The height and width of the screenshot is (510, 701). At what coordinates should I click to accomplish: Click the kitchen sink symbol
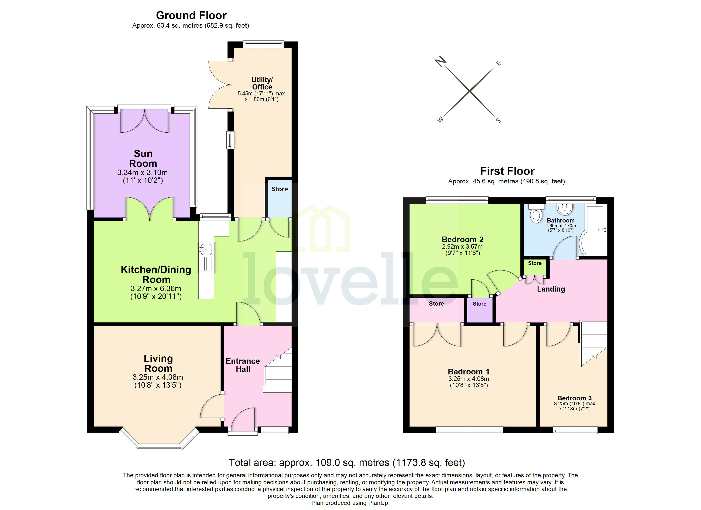[206, 249]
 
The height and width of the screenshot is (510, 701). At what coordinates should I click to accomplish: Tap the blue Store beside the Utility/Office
[279, 198]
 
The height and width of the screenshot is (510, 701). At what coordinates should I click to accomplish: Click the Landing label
[551, 289]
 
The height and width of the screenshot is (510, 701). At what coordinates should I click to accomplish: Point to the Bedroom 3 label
[574, 398]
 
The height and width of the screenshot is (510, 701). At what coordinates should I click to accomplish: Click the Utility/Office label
[262, 84]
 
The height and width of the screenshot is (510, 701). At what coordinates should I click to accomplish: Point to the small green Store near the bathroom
[535, 267]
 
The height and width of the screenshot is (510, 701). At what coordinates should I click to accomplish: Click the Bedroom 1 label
[469, 372]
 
